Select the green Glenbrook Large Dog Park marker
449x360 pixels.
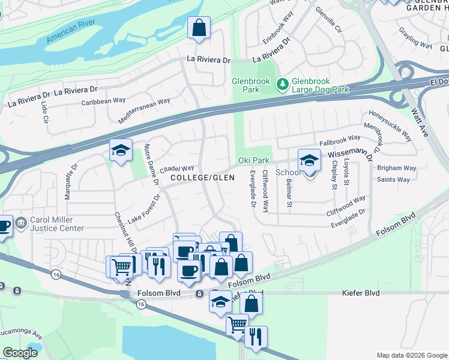[x=282, y=85]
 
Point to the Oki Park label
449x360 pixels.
[x=253, y=160]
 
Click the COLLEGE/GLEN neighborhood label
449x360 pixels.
[x=202, y=178]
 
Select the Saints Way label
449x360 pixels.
[x=393, y=179]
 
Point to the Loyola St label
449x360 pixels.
[x=346, y=172]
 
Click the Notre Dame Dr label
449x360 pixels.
[x=151, y=163]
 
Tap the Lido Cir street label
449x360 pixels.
[x=44, y=112]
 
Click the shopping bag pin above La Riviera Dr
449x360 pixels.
[x=199, y=28]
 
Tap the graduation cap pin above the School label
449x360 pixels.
[x=309, y=160]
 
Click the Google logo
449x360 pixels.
[x=20, y=353]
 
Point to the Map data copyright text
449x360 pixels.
[x=412, y=355]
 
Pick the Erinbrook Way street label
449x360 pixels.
[x=279, y=35]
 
